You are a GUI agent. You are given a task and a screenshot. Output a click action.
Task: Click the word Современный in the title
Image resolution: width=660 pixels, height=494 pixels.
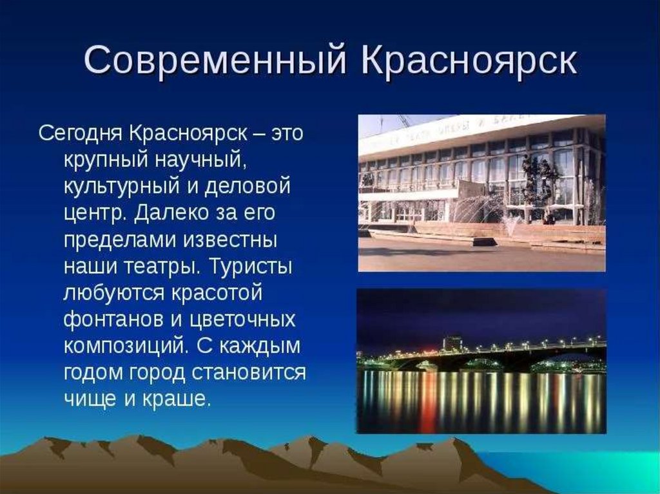point(216,60)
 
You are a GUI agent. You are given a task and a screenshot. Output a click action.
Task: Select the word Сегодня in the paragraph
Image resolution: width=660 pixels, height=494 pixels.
point(81,134)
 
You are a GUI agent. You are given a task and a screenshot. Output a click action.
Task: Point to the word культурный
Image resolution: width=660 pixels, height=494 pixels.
point(122,187)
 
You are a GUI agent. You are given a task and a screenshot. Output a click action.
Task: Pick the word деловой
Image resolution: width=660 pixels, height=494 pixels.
point(247,187)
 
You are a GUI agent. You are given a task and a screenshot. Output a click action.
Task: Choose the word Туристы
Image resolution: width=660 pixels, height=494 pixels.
point(251,266)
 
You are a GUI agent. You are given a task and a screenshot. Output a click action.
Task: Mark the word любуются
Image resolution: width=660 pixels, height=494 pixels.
point(113,293)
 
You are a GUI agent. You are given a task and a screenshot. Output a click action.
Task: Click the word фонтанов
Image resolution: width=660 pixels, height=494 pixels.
point(113,319)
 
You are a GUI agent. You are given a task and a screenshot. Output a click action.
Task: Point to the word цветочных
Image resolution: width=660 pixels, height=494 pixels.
point(242,320)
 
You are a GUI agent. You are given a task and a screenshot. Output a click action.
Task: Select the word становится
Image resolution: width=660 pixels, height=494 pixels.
point(249,373)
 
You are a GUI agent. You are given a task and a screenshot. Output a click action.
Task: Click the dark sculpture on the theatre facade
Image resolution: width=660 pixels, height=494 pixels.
point(539,181)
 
